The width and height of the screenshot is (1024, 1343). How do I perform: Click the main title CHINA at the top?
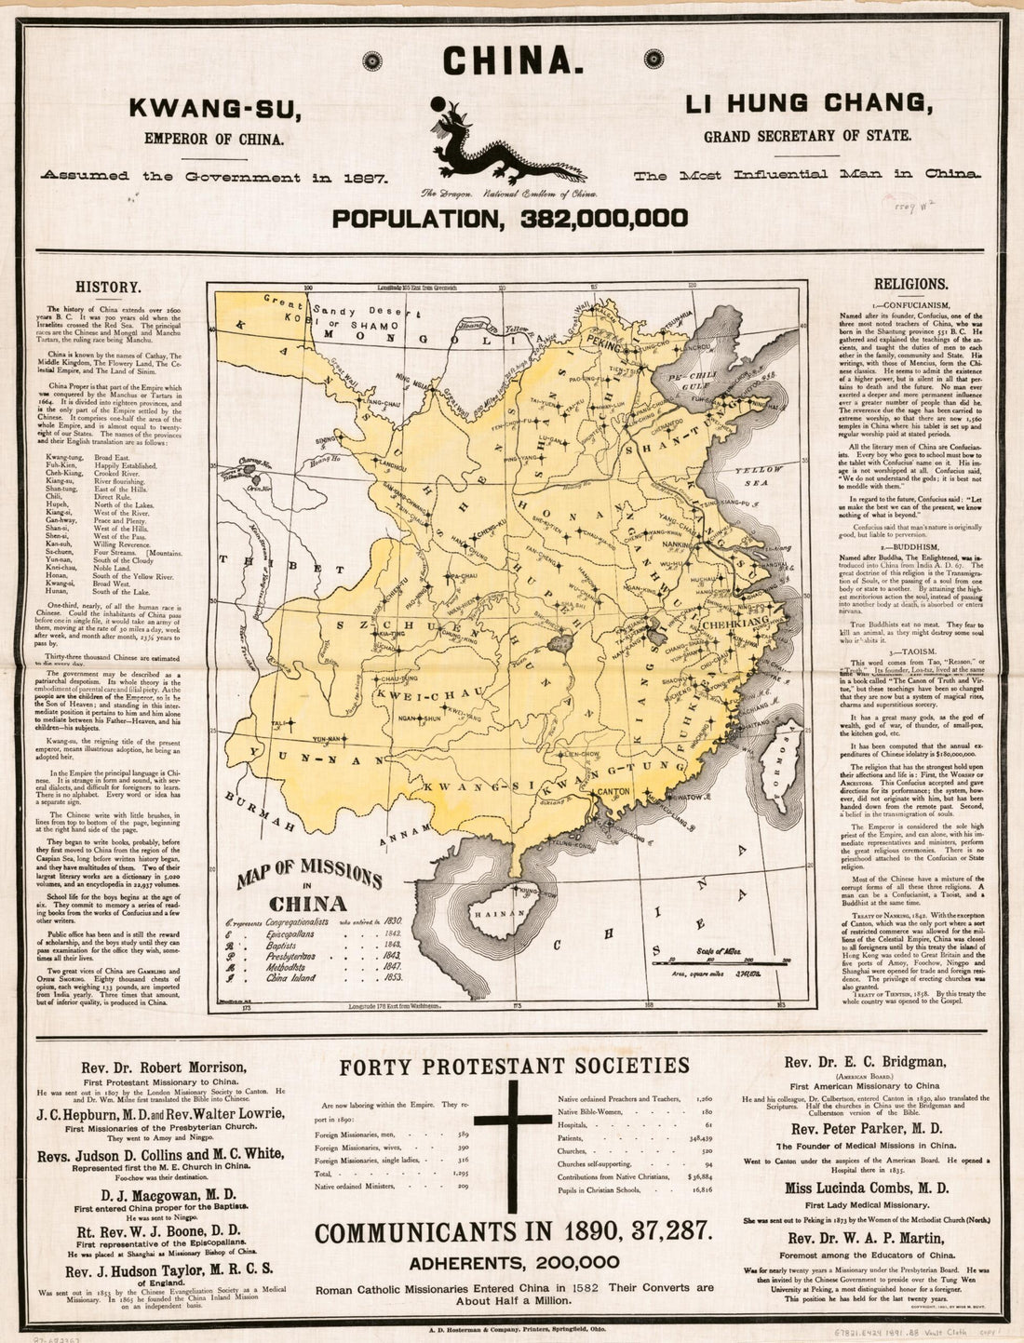[x=513, y=60]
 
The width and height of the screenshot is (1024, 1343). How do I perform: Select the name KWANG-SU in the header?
[x=215, y=109]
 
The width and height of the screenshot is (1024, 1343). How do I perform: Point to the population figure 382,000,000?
[x=511, y=219]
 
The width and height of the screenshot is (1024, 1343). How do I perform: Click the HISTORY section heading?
[x=109, y=288]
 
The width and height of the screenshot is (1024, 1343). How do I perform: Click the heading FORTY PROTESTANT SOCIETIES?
[x=515, y=1066]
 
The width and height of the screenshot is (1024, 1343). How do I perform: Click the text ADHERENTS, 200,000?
[x=514, y=1263]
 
